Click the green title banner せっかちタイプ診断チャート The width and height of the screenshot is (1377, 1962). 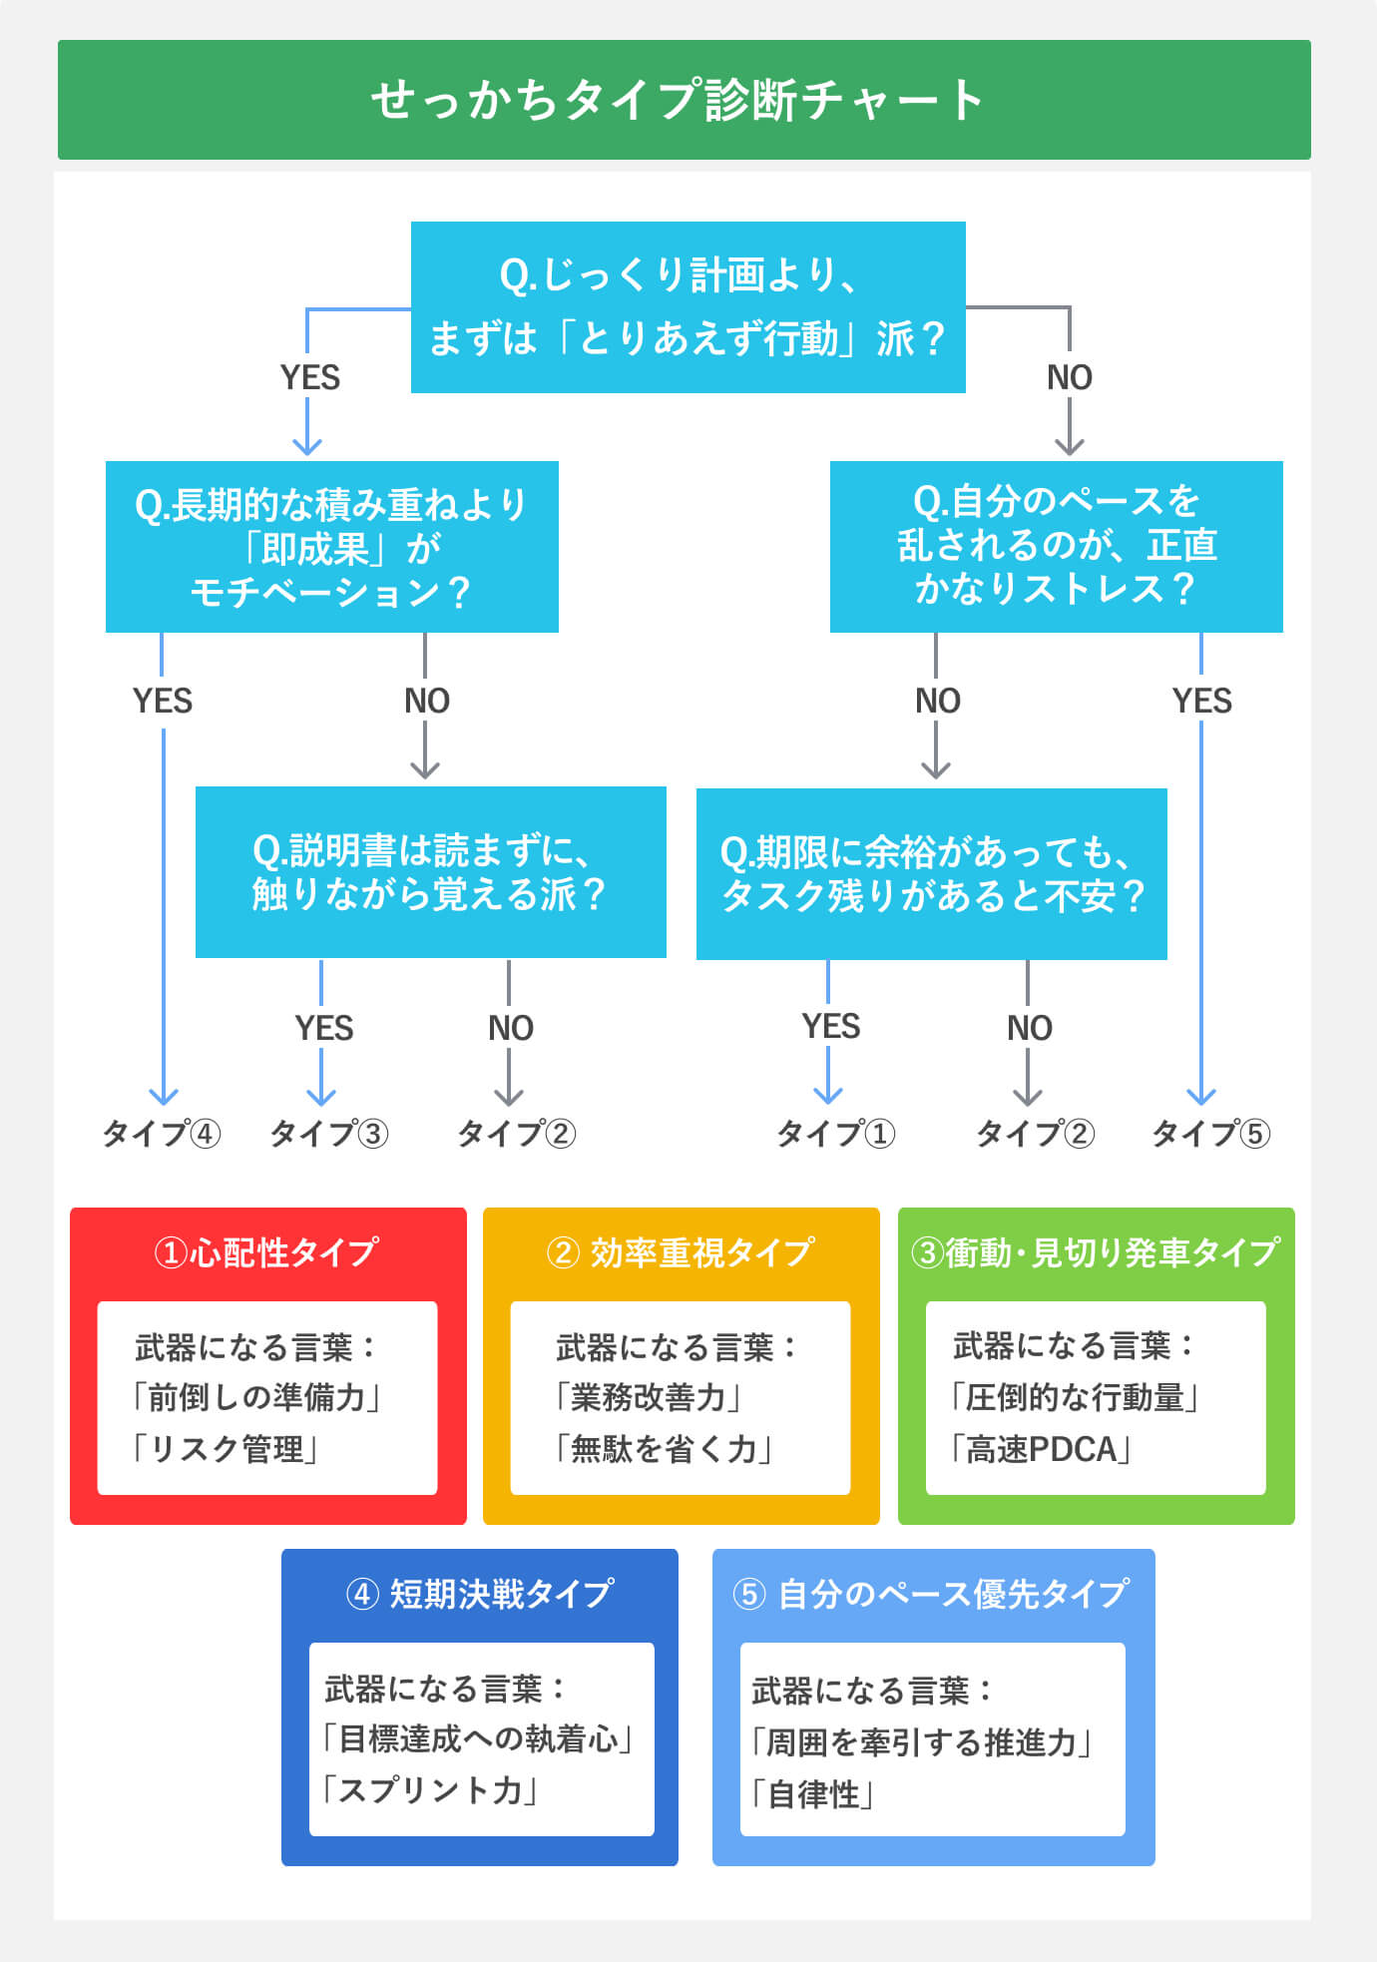pyautogui.click(x=684, y=100)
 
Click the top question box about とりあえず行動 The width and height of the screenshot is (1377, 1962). pyautogui.click(x=688, y=307)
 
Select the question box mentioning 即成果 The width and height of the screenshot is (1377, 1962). pyautogui.click(x=331, y=547)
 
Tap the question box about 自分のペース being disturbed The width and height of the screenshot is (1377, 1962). pyautogui.click(x=1056, y=546)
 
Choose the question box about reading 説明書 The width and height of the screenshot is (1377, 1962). pyautogui.click(x=430, y=872)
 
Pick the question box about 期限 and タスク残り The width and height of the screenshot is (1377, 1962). pyautogui.click(x=931, y=874)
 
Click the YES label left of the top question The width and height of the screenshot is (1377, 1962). pyautogui.click(x=309, y=377)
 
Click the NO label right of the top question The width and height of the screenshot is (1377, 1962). pyautogui.click(x=1069, y=377)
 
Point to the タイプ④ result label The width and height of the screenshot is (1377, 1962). pyautogui.click(x=162, y=1134)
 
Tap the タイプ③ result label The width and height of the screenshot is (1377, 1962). pyautogui.click(x=328, y=1134)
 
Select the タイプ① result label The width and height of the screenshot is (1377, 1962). pyautogui.click(x=835, y=1134)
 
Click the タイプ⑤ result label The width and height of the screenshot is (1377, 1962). pyautogui.click(x=1210, y=1134)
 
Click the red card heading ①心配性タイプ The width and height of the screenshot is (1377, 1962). pyautogui.click(x=267, y=1251)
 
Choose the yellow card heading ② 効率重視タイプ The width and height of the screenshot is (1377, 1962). pyautogui.click(x=681, y=1251)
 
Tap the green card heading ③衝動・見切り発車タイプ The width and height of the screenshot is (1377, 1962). pyautogui.click(x=1096, y=1251)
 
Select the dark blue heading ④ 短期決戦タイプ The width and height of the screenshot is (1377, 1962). pyautogui.click(x=479, y=1593)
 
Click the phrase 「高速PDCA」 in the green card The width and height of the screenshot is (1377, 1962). pyautogui.click(x=1040, y=1449)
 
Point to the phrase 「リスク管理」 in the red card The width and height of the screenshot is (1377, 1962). pyautogui.click(x=226, y=1449)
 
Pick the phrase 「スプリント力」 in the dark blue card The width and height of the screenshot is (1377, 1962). pyautogui.click(x=430, y=1790)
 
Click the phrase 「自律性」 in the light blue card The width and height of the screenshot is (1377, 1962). pyautogui.click(x=813, y=1794)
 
